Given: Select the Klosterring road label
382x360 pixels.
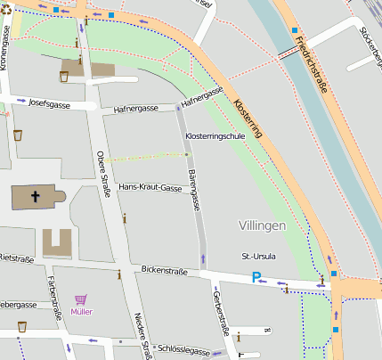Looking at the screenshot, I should pyautogui.click(x=246, y=118).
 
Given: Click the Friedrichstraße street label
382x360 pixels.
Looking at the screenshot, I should pyautogui.click(x=311, y=54).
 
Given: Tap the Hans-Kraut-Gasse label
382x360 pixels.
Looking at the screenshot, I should pyautogui.click(x=150, y=187).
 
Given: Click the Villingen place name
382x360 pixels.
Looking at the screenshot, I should pyautogui.click(x=263, y=226).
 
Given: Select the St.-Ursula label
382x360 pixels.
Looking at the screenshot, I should pyautogui.click(x=257, y=256).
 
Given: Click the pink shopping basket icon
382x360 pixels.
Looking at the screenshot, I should pyautogui.click(x=81, y=299).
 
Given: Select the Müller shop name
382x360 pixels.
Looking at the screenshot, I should pyautogui.click(x=81, y=312).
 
